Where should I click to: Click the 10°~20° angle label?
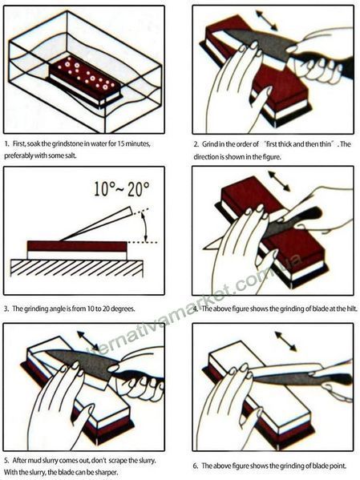pos(122,189)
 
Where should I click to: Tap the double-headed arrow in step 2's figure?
pos(266,20)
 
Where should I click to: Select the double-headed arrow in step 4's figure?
pos(279,181)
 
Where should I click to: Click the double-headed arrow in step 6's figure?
pos(286,341)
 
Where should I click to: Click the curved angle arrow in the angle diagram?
pos(145,227)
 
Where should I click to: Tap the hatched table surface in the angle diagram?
pos(77,268)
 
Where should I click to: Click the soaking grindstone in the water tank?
pos(86,81)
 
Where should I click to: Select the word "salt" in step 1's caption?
pos(71,155)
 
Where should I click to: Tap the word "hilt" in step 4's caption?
pos(352,309)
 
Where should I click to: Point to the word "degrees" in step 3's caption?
pos(123,309)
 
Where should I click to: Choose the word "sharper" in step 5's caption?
pos(107,472)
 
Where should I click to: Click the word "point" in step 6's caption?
pos(338,466)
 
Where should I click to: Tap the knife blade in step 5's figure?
pos(83,365)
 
